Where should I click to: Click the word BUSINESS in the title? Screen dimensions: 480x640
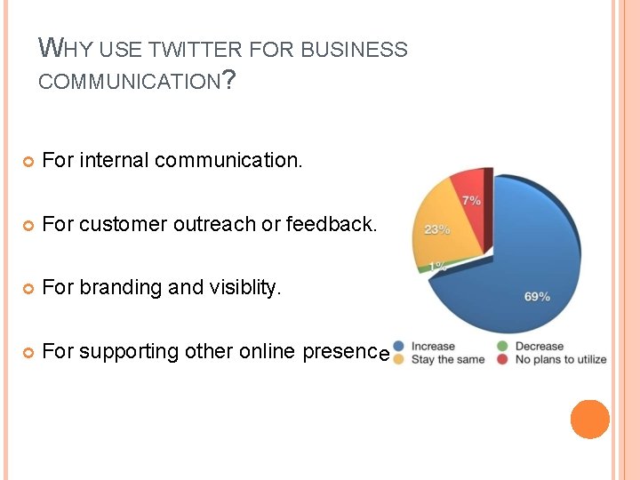point(354,51)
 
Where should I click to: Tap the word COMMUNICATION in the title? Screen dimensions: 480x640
point(129,83)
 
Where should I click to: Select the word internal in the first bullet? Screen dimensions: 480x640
point(114,160)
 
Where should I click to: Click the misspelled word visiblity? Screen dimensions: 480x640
point(241,287)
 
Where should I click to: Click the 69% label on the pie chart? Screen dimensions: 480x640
point(537,297)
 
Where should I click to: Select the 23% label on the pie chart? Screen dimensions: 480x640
point(436,229)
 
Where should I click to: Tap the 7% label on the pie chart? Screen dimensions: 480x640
point(472,200)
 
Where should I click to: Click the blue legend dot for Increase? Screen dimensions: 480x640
point(400,347)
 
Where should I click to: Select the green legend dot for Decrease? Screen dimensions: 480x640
point(504,347)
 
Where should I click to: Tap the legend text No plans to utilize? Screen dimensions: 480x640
point(561,360)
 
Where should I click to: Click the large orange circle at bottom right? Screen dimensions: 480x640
point(589,420)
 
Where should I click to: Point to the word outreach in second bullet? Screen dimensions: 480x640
point(215,224)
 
